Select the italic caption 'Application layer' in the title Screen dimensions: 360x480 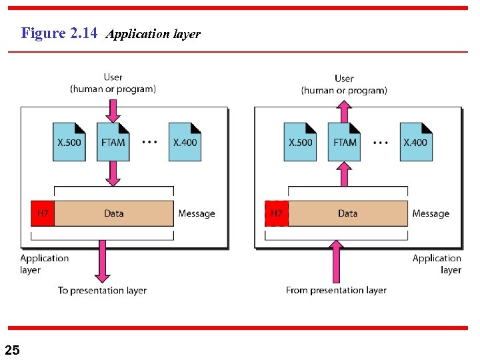[153, 34]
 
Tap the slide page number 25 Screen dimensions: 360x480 [12, 350]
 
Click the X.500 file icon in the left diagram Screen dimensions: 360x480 [69, 142]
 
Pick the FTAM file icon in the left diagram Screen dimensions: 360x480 [113, 142]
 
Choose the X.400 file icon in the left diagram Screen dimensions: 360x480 [185, 142]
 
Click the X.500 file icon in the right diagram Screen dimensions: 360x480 [300, 142]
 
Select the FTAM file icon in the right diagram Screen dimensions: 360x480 [344, 142]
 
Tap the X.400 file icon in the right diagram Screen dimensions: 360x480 [416, 142]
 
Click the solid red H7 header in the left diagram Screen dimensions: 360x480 [43, 213]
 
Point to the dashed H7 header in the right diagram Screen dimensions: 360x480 [276, 213]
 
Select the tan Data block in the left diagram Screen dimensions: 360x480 [114, 213]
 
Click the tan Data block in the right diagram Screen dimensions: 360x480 [347, 213]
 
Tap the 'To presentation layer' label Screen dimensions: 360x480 [102, 290]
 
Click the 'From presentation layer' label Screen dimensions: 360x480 [336, 290]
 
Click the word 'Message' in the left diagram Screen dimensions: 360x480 [196, 213]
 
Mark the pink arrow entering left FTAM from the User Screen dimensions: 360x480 [113, 109]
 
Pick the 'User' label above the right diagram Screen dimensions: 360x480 [344, 79]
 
